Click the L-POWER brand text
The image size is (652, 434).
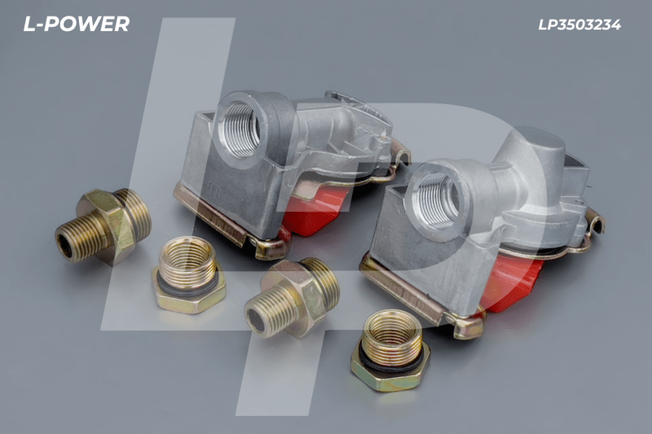click(76, 24)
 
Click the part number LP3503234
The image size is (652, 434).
click(579, 25)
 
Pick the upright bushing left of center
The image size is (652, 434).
click(188, 275)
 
